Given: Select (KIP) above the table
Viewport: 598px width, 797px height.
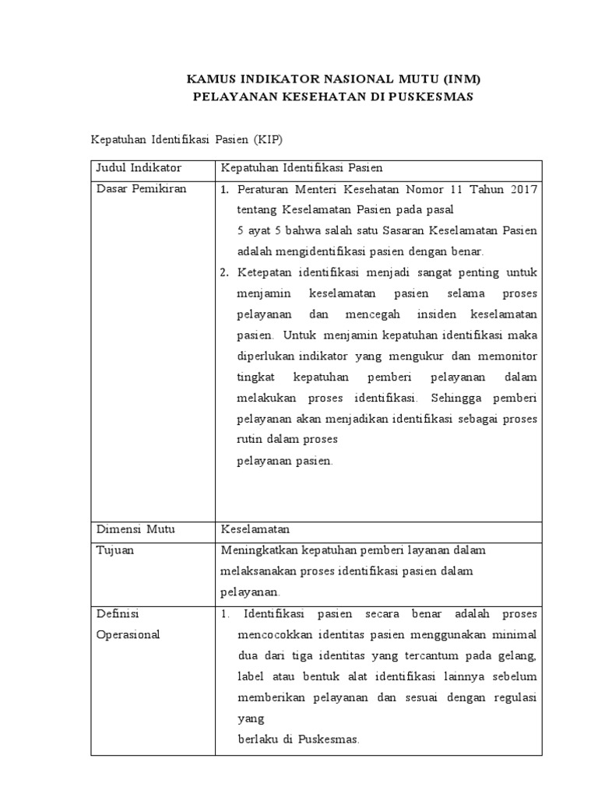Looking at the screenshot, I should click(266, 139).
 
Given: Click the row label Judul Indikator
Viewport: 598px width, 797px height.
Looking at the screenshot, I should click(139, 168).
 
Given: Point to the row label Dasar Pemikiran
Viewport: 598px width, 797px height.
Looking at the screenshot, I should click(141, 189).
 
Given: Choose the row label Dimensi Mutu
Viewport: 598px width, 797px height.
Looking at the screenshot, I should click(135, 529).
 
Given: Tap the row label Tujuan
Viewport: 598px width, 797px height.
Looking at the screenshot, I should click(114, 550).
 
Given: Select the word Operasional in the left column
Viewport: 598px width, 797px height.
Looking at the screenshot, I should click(128, 634).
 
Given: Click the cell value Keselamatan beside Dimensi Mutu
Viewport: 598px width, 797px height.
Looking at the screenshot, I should click(255, 529).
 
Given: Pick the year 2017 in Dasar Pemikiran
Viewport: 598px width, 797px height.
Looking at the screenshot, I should click(521, 189).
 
